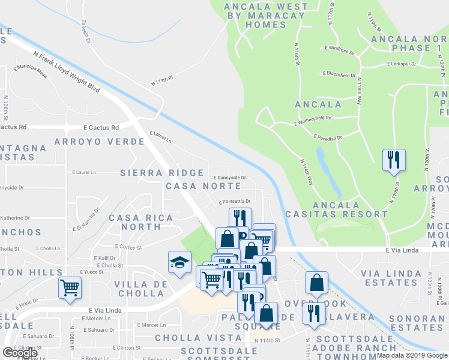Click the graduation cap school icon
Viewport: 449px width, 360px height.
[179, 262]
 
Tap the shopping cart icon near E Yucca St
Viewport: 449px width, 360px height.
[70, 287]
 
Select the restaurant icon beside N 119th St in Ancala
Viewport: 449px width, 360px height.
[394, 159]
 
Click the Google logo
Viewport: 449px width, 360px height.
[20, 353]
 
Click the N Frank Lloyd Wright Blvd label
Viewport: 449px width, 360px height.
[66, 71]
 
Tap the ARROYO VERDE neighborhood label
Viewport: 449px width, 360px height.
[99, 142]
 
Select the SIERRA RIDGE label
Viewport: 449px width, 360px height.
[162, 173]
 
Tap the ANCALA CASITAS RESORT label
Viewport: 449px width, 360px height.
[336, 209]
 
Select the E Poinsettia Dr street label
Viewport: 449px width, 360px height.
[234, 202]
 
